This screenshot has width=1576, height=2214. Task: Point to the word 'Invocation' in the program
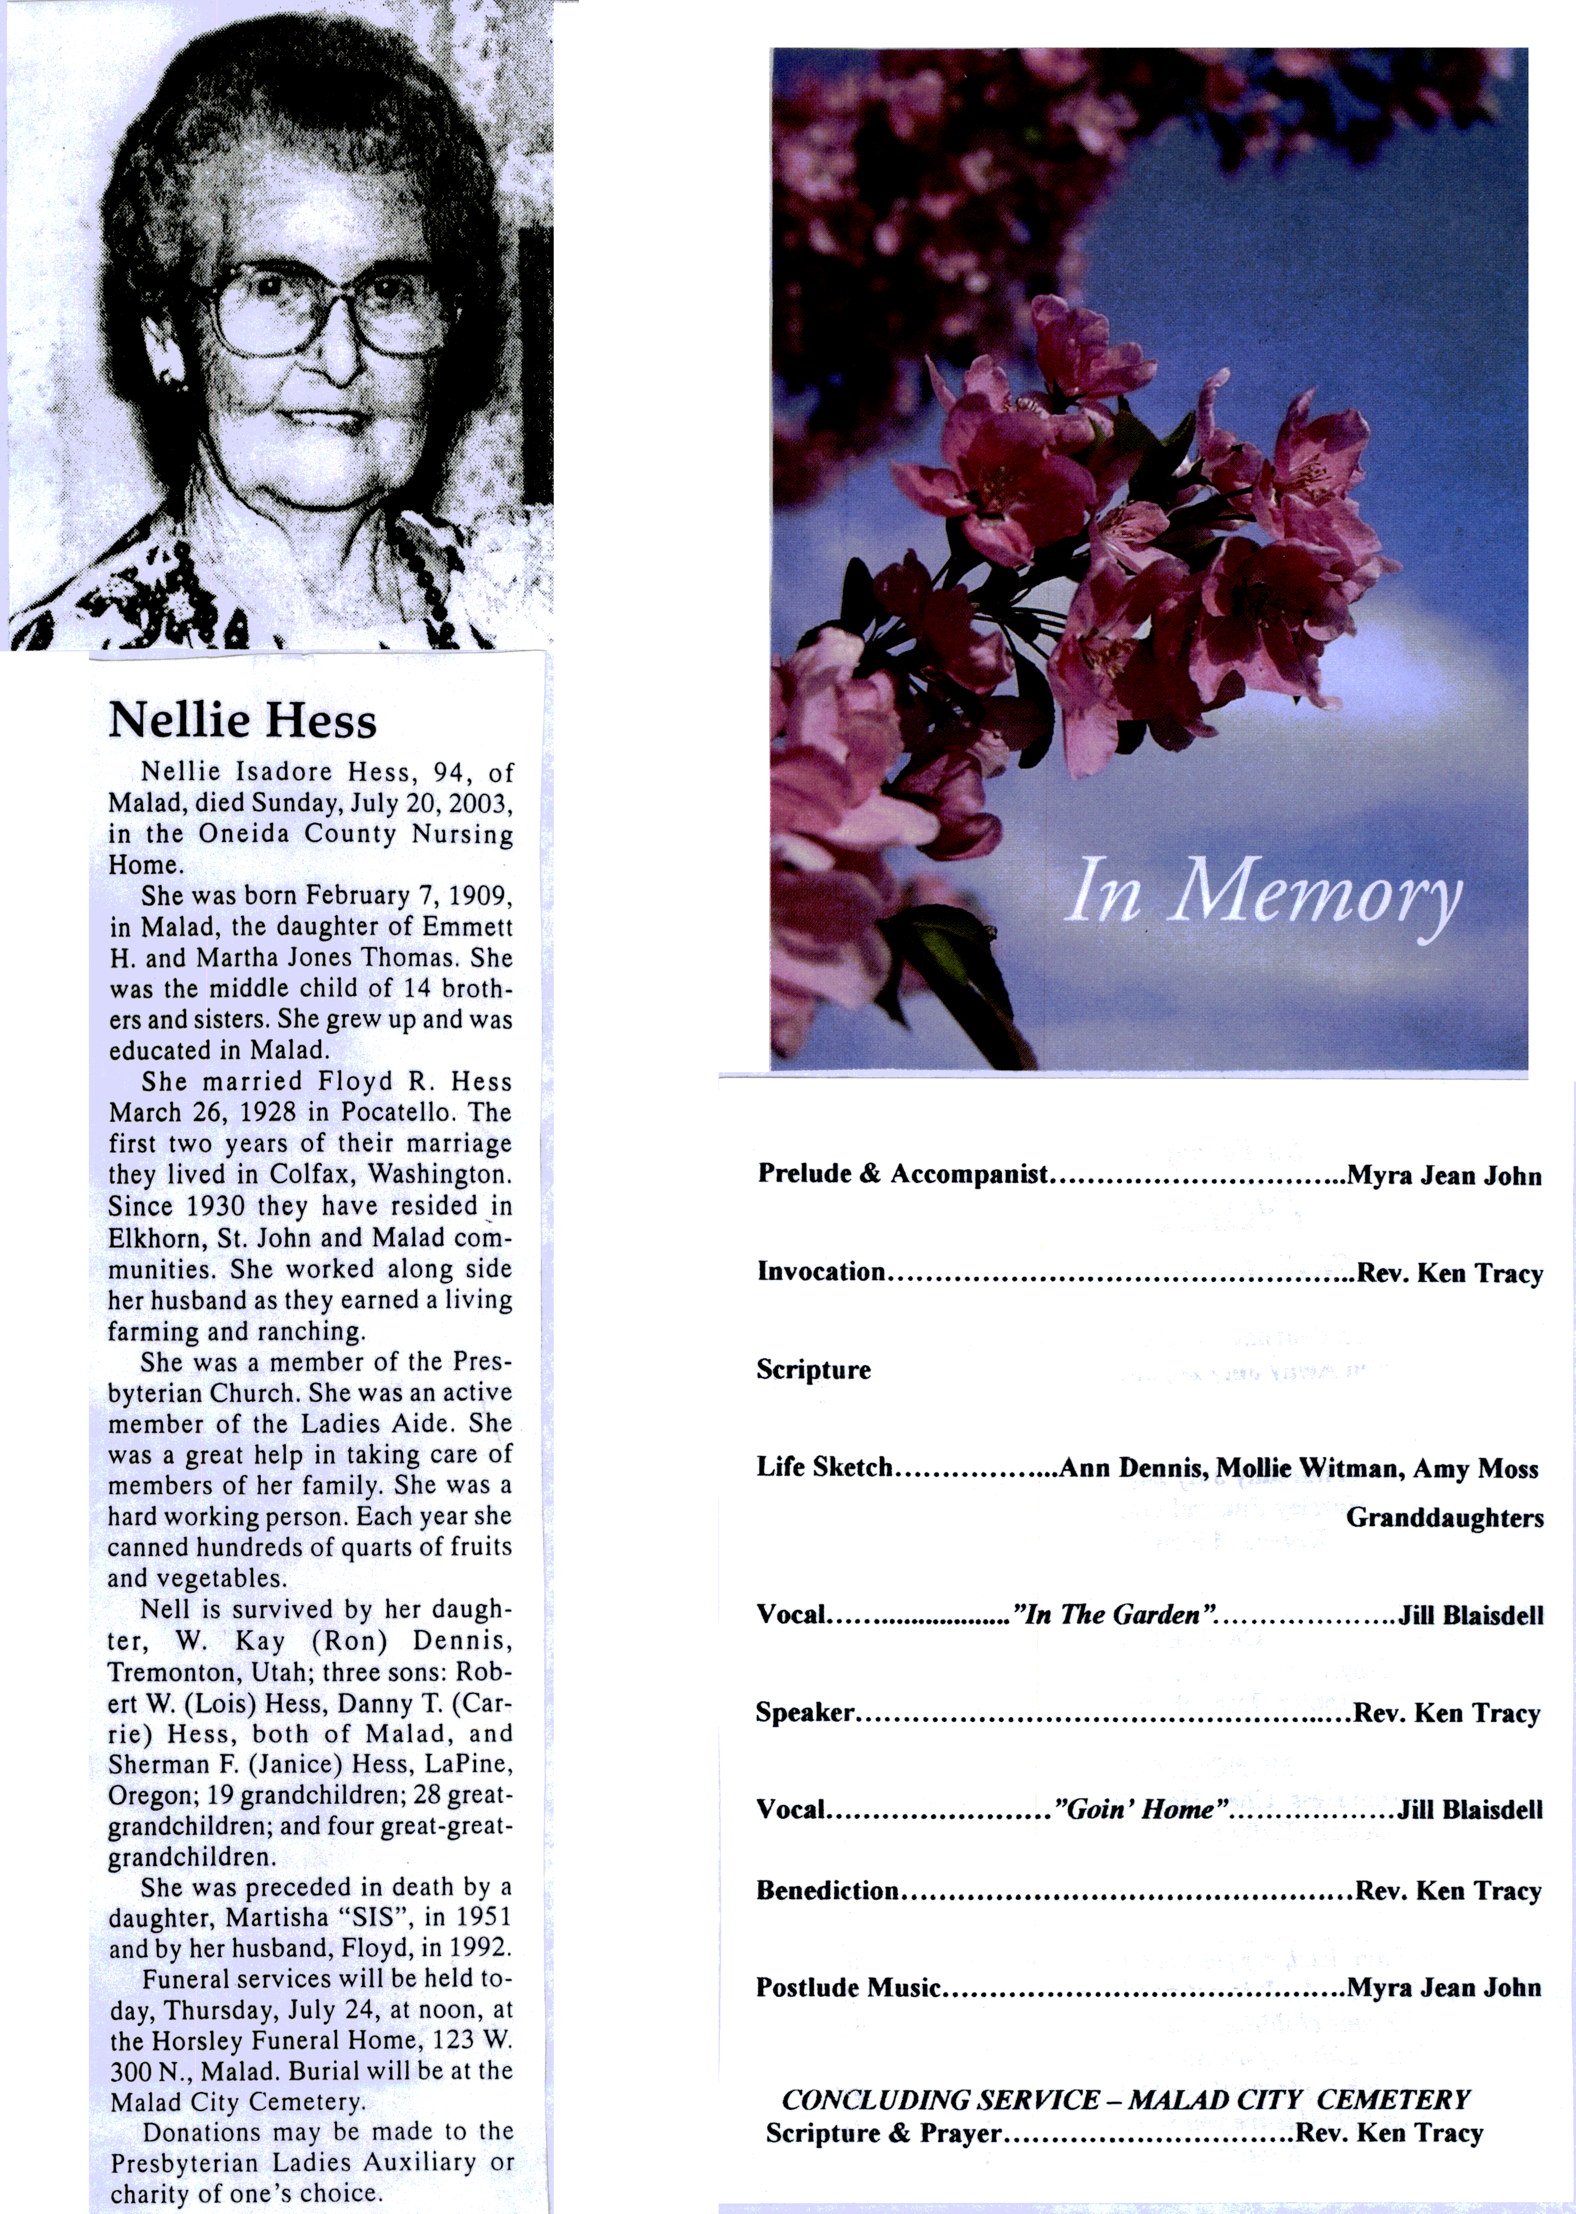point(821,1271)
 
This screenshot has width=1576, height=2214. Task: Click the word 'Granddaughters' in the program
point(1444,1518)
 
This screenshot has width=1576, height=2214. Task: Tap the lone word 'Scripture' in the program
point(813,1370)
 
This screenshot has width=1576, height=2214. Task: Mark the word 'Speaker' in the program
point(804,1712)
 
